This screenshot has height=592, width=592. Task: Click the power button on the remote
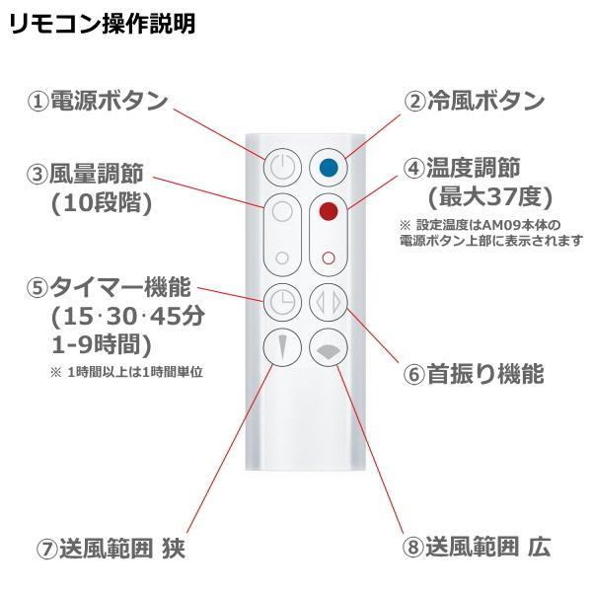pos(281,167)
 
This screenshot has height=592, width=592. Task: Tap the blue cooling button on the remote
pos(327,167)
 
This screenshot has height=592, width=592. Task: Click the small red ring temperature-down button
pos(328,258)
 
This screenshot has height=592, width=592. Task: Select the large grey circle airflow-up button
pos(281,211)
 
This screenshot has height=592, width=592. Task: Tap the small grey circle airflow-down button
pos(282,258)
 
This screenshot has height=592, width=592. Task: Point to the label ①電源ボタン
pos(97,102)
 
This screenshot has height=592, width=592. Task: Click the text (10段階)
pos(96,203)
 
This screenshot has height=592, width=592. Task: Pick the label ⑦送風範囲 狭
pos(110,547)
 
